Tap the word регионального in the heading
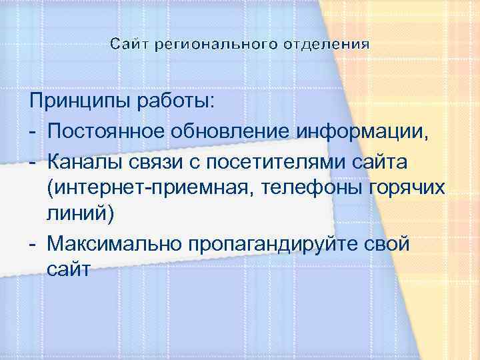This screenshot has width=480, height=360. [215, 45]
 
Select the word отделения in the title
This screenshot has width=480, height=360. [326, 45]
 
